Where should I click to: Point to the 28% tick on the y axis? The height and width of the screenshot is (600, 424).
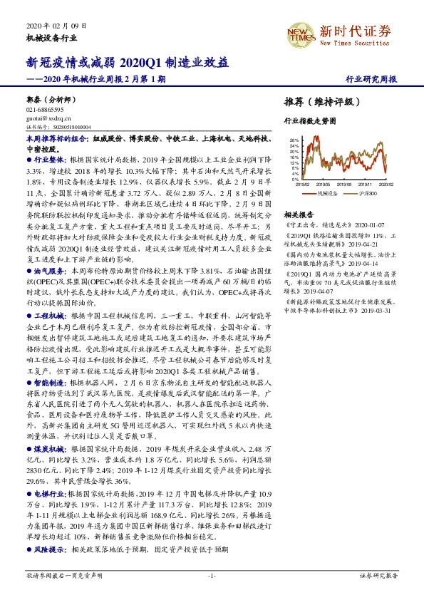(294, 141)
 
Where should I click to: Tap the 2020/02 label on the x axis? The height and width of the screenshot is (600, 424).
(386, 184)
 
